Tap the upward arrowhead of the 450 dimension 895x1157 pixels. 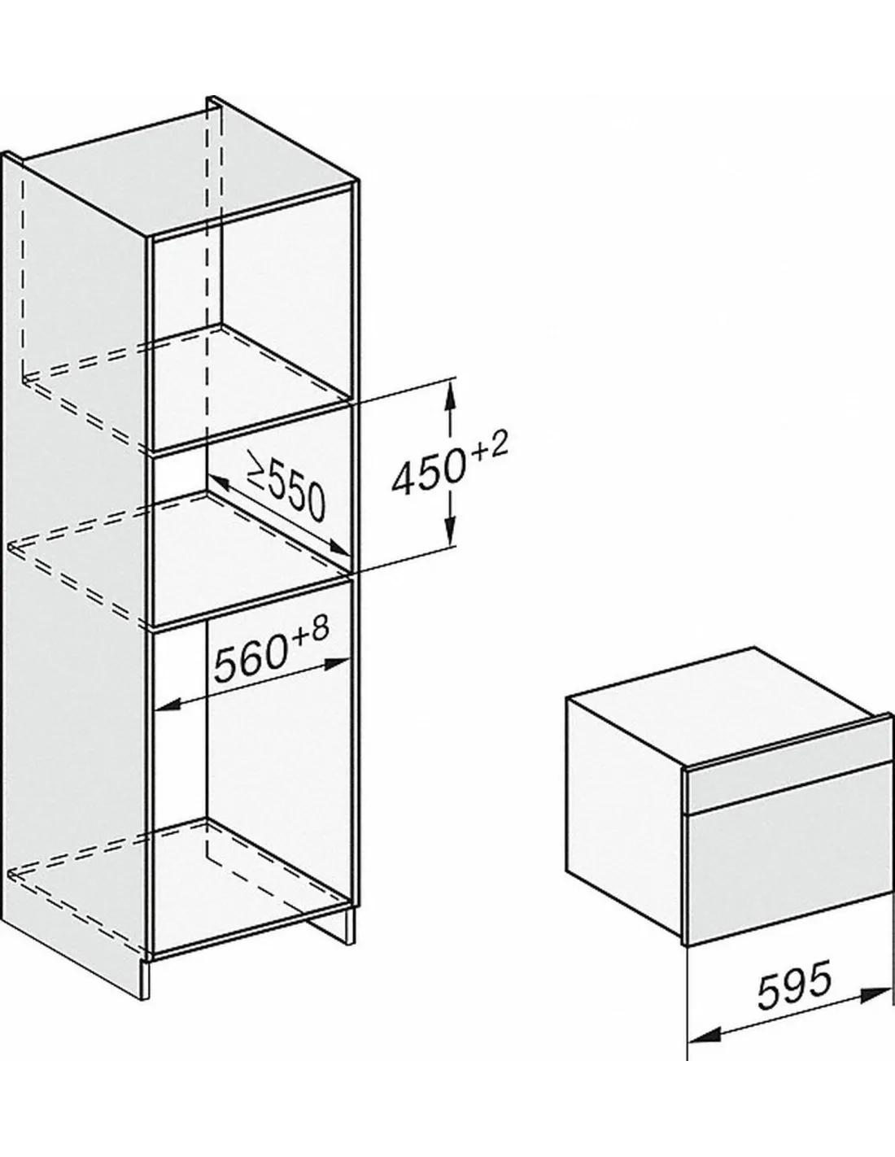pos(450,397)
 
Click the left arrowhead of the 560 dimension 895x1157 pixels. pos(170,705)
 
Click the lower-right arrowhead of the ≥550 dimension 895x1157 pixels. pos(338,546)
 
